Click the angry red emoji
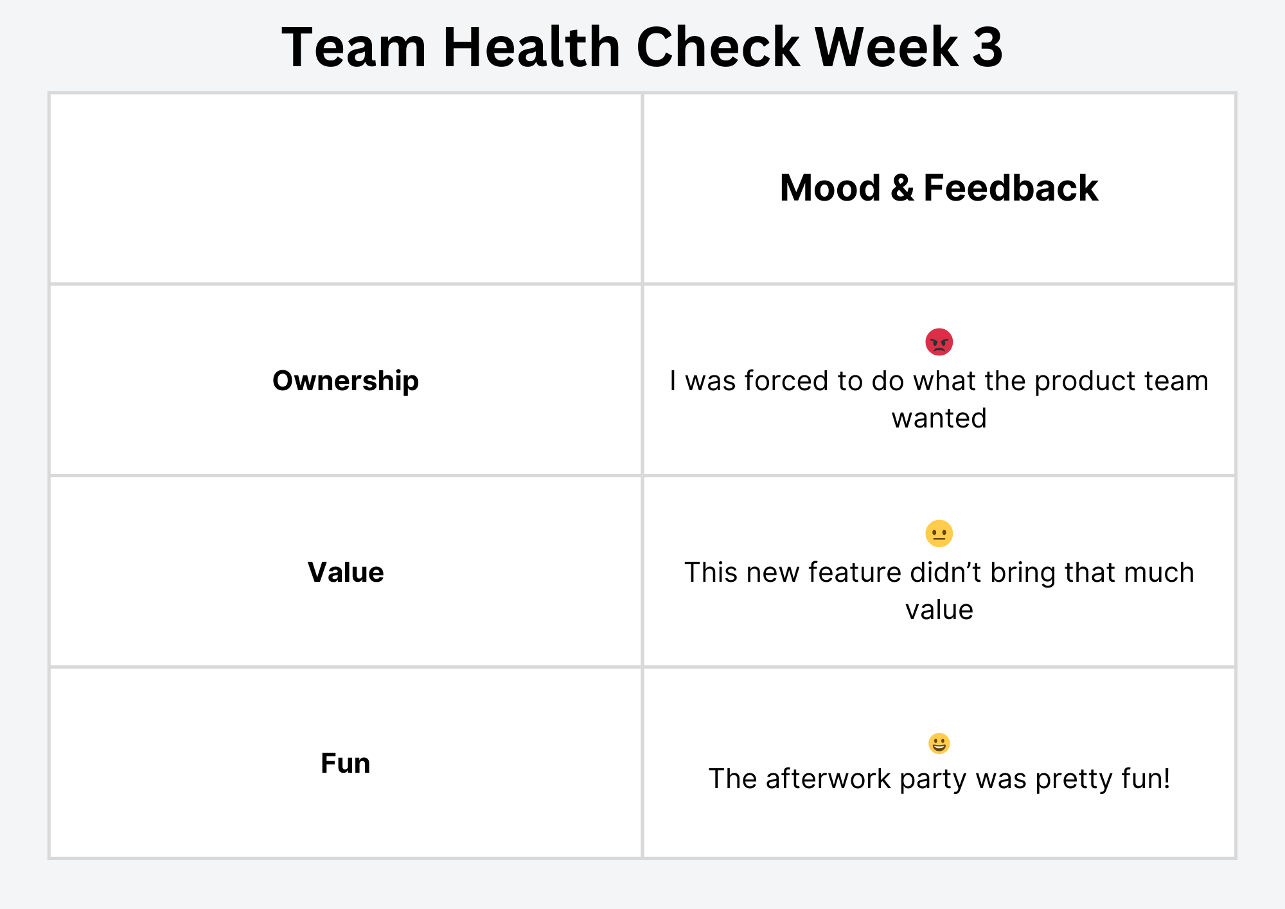(939, 342)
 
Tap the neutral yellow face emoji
(939, 534)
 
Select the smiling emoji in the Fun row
(939, 744)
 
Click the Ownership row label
(346, 381)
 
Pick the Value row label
(346, 572)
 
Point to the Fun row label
(346, 764)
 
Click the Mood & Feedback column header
(939, 188)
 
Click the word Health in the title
(531, 47)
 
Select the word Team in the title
(354, 47)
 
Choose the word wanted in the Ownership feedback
(939, 419)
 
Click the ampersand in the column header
(902, 188)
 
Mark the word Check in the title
(718, 47)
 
